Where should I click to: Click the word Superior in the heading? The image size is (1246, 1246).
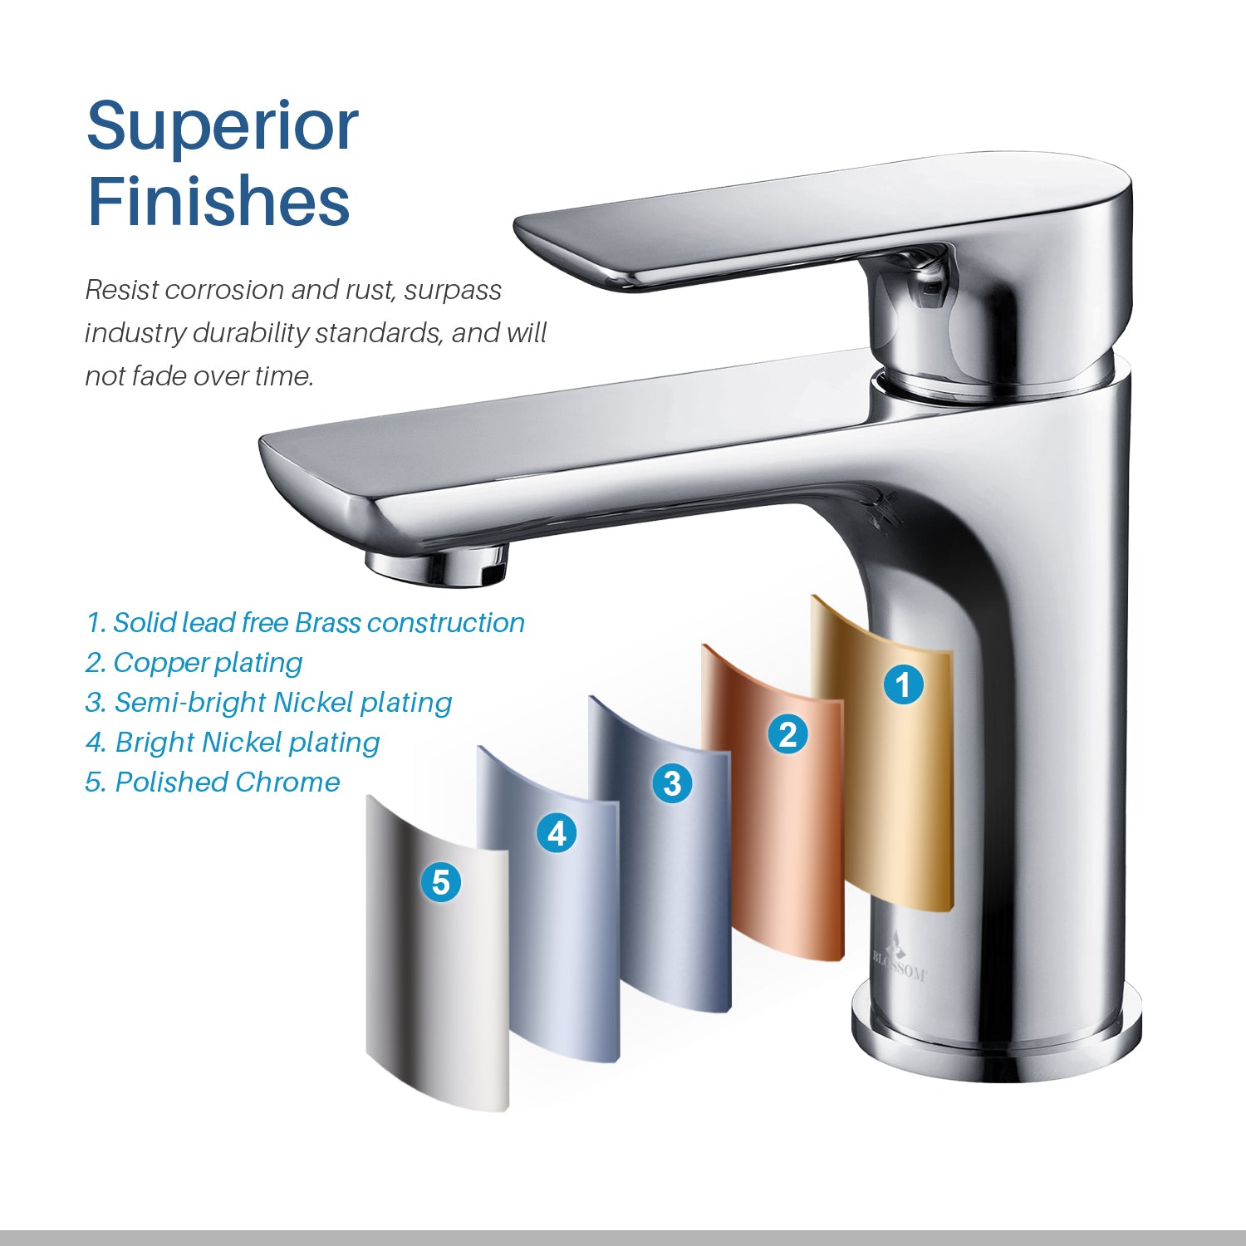coord(222,126)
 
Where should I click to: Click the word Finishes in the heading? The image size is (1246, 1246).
coord(218,201)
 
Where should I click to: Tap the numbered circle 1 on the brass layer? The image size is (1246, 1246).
coord(903,685)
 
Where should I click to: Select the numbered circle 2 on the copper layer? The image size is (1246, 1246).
coord(787,733)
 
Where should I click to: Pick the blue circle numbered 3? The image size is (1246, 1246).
coord(672,783)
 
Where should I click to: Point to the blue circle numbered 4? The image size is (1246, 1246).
coord(557,833)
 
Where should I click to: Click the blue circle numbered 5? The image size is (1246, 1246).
coord(441,882)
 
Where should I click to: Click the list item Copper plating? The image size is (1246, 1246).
coord(194,663)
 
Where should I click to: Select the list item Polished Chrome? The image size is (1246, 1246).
coord(213,782)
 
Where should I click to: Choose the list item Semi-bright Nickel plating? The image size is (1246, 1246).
coord(269,703)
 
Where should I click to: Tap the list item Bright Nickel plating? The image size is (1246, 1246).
coord(233,743)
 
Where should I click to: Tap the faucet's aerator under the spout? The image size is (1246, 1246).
coord(439,567)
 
